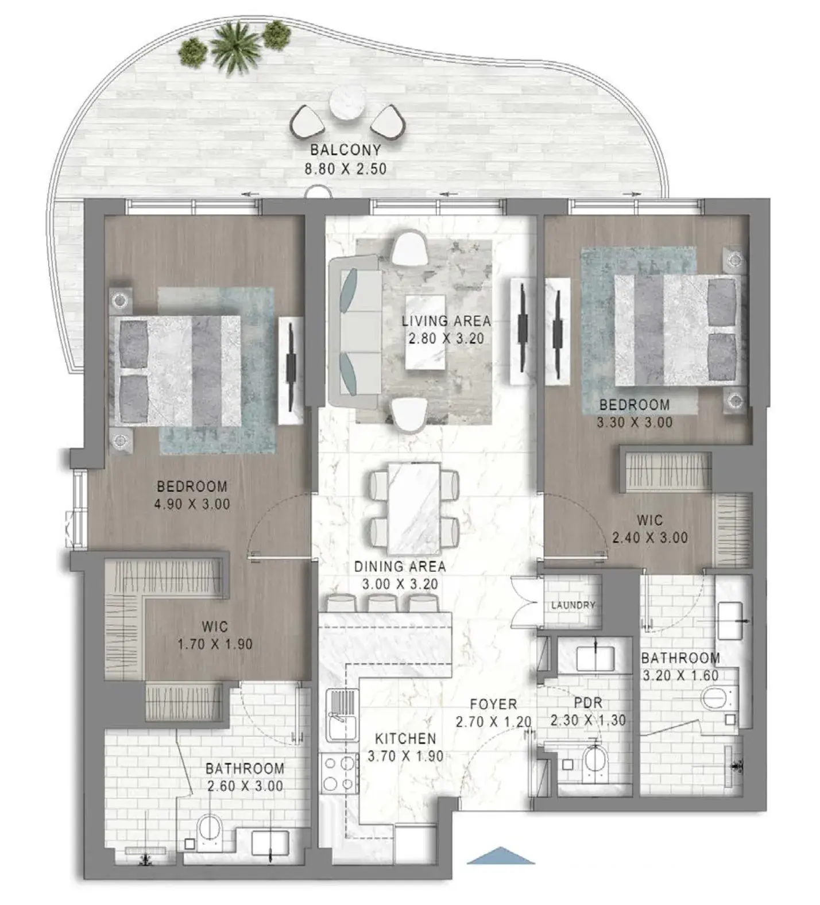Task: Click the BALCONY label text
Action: (346, 150)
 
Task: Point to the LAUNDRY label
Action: (573, 605)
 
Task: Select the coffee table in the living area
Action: (426, 332)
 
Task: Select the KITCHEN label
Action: (405, 738)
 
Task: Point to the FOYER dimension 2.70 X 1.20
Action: (494, 722)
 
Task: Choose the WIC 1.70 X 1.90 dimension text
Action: (215, 644)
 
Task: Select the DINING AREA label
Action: (400, 566)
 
